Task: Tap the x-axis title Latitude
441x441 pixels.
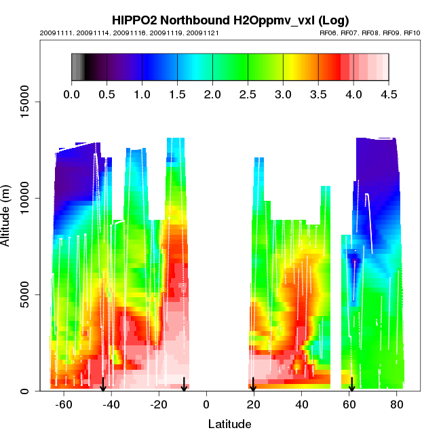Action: click(x=229, y=425)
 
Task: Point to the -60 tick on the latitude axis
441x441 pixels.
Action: click(x=64, y=404)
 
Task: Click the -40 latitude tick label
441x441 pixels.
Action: click(x=111, y=404)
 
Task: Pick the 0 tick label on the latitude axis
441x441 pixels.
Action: click(x=206, y=404)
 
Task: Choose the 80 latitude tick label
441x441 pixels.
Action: click(x=396, y=404)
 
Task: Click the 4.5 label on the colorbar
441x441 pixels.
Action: click(x=389, y=95)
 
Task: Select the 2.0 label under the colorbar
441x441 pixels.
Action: click(x=212, y=95)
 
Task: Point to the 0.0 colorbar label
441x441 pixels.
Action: click(x=71, y=95)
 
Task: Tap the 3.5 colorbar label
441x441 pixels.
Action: click(x=318, y=95)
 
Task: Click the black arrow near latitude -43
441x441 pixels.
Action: click(x=103, y=385)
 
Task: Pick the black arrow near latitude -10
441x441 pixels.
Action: click(x=184, y=385)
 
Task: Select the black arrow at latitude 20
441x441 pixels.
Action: click(x=253, y=385)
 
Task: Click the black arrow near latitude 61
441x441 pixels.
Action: click(x=351, y=385)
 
